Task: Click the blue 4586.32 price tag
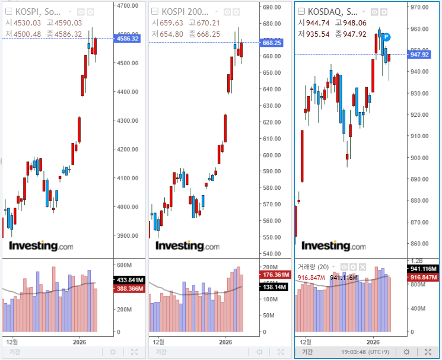tap(128, 39)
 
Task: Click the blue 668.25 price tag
tap(271, 43)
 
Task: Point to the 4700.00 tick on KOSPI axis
tap(128, 5)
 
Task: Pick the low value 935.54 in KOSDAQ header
tap(325, 34)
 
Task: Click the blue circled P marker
tap(386, 37)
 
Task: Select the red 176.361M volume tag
tap(274, 275)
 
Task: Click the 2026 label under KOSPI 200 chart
tap(225, 342)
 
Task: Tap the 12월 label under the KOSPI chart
tap(12, 342)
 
